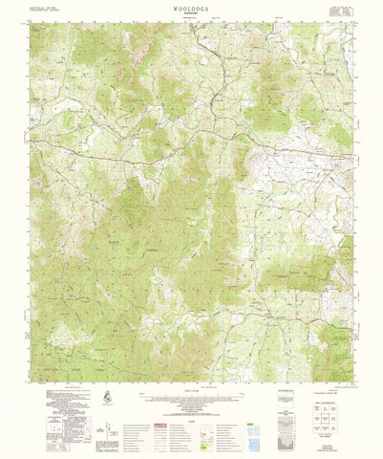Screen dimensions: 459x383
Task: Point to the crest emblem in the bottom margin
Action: tap(104, 395)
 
